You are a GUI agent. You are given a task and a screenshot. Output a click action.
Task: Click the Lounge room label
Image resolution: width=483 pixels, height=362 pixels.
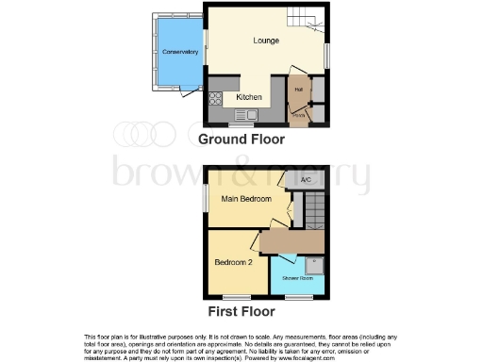pyautogui.click(x=266, y=41)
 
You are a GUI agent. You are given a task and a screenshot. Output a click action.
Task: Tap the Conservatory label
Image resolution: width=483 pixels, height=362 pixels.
pyautogui.click(x=177, y=52)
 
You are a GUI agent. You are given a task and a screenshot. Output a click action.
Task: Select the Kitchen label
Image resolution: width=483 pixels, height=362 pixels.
pyautogui.click(x=249, y=97)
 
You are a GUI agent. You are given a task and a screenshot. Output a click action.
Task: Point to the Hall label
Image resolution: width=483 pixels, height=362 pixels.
pyautogui.click(x=298, y=90)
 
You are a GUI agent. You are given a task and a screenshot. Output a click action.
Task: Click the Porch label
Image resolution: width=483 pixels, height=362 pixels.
pyautogui.click(x=298, y=115)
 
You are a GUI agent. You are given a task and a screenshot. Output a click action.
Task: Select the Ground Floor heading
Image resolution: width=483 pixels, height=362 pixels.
pyautogui.click(x=241, y=139)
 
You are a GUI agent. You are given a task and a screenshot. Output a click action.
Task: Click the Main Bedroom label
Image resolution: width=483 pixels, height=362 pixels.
pyautogui.click(x=246, y=200)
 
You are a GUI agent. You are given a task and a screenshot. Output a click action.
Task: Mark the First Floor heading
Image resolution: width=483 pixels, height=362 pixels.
pyautogui.click(x=241, y=310)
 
